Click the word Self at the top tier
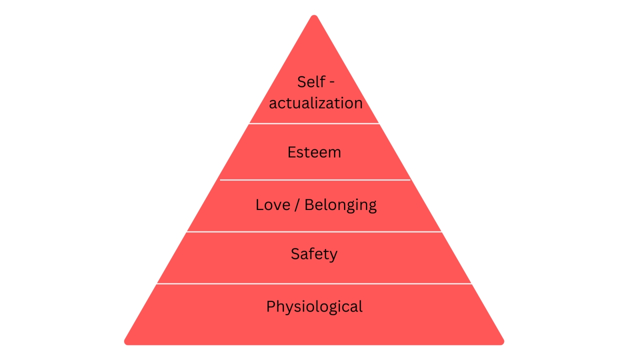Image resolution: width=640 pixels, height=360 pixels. [x=311, y=82]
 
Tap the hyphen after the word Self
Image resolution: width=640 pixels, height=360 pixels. [x=332, y=82]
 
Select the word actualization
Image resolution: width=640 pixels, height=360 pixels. [x=315, y=103]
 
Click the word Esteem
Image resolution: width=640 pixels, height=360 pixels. [x=314, y=152]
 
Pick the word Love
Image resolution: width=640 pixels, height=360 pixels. [x=273, y=205]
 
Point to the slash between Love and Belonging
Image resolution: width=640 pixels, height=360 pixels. [x=297, y=205]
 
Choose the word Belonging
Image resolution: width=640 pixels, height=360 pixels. [x=340, y=205]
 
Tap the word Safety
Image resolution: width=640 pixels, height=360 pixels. [x=314, y=254]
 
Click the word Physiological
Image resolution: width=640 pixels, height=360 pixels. [x=314, y=307]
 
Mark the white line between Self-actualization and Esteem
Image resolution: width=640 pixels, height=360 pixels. [x=314, y=123]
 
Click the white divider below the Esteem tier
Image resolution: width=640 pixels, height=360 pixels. [x=315, y=180]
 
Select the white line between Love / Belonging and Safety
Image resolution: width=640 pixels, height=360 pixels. [x=314, y=231]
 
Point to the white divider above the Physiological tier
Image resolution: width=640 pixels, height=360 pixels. [x=314, y=283]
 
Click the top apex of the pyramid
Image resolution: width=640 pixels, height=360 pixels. [x=314, y=15]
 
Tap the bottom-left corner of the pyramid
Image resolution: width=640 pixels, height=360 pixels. [x=125, y=343]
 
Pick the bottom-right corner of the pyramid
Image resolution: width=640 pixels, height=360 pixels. [x=503, y=343]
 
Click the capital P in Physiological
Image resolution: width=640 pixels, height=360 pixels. [x=271, y=306]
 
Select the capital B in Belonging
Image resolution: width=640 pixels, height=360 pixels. [x=309, y=205]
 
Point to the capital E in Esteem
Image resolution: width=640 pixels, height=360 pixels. [x=291, y=152]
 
